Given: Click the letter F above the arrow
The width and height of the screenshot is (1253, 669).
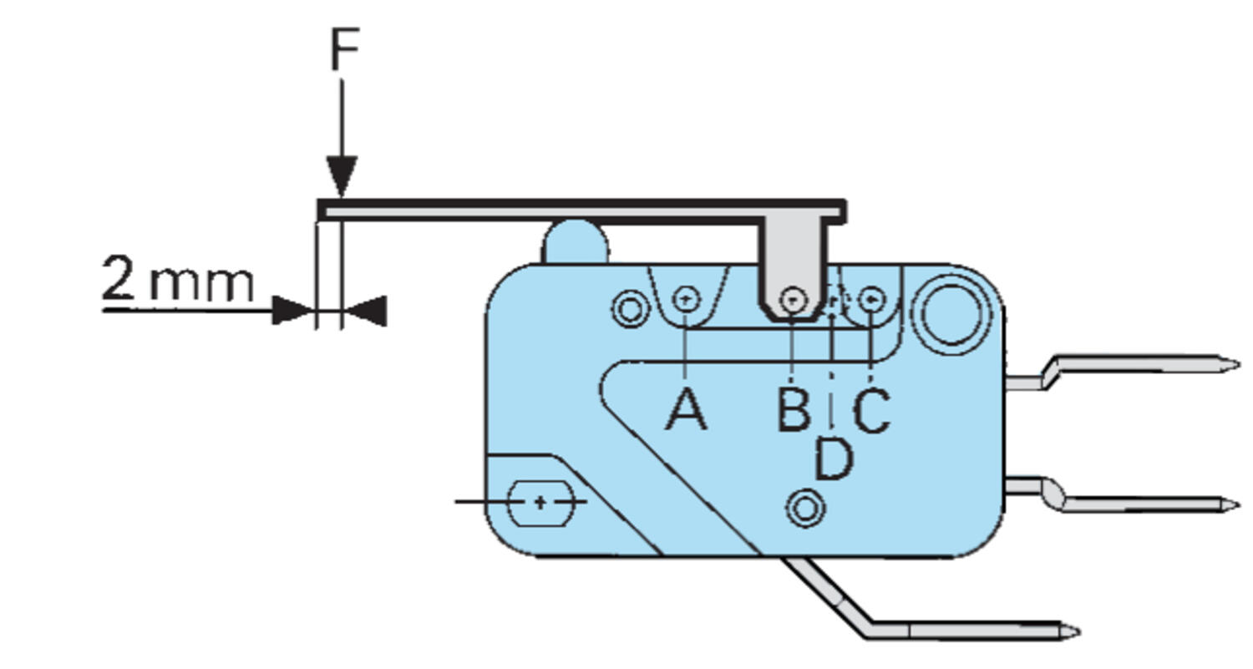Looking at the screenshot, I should pos(343,49).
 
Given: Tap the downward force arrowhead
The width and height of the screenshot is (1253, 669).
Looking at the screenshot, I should pos(342,176).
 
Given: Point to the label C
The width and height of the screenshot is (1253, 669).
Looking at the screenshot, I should pos(871,410).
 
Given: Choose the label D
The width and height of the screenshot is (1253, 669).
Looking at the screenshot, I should pos(833,459).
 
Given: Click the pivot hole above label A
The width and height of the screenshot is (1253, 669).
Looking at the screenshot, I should pos(686,297).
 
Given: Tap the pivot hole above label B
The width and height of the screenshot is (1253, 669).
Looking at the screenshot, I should pos(794,298).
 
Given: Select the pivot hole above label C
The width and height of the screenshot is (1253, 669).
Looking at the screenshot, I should pos(871,298).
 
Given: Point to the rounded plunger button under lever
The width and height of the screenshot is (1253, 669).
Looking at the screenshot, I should pos(576,241).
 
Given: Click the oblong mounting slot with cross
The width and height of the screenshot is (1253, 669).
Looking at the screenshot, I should pos(540,502).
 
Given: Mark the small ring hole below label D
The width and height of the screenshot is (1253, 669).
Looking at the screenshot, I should pos(806,508).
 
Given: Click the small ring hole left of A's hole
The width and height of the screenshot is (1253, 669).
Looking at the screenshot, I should pos(631,307).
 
